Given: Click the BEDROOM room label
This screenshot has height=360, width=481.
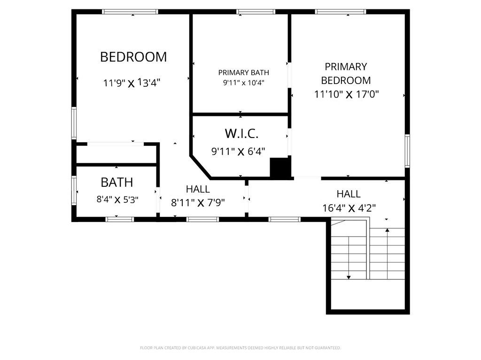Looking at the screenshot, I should (x=133, y=57).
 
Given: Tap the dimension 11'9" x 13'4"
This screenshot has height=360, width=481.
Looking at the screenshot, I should (x=132, y=83).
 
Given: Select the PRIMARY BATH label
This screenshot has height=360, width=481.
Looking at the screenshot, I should (x=243, y=72).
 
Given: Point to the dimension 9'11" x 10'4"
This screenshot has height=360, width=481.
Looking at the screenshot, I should (x=243, y=83).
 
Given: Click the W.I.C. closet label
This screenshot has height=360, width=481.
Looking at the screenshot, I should (x=241, y=133).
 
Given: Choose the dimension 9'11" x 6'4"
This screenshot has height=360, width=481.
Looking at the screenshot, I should (x=238, y=152).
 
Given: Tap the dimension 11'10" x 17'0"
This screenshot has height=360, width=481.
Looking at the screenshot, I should (x=347, y=94).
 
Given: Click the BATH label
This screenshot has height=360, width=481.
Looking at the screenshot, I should (x=116, y=182).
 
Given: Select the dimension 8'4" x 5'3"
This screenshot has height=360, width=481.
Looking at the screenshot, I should (x=117, y=199).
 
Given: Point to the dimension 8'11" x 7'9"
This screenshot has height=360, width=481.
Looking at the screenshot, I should (x=198, y=203).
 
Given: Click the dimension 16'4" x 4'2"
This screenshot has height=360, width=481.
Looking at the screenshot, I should (x=349, y=208).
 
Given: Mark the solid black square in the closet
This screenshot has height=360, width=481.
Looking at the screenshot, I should (x=280, y=168).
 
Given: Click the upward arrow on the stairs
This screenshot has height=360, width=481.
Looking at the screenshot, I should (x=387, y=230).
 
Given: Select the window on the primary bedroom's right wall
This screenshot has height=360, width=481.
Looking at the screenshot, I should (x=407, y=151).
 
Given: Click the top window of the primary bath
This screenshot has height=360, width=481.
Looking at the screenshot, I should (x=256, y=12).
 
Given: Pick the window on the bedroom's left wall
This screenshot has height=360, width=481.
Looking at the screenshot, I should (x=74, y=123).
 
